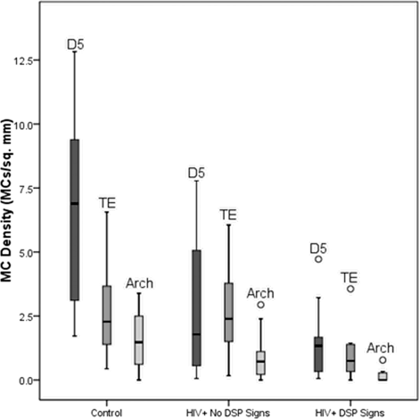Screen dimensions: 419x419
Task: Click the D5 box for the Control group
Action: click(75, 219)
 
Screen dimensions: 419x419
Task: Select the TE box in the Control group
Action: click(107, 315)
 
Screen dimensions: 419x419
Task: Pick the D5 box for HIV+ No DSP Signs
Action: click(197, 308)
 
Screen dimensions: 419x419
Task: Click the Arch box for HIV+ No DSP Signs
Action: click(261, 363)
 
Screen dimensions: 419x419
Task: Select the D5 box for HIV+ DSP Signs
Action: click(318, 354)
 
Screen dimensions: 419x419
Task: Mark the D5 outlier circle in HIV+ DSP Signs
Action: click(318, 259)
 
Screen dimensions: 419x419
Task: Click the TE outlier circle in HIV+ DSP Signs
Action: click(350, 289)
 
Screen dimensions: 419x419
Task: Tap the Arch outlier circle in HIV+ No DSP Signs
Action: click(261, 305)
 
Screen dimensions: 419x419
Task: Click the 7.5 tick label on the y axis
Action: click(29, 188)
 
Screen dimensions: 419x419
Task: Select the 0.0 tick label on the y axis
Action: click(29, 380)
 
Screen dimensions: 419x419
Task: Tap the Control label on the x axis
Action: click(106, 412)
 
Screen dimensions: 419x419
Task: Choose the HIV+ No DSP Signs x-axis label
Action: click(229, 412)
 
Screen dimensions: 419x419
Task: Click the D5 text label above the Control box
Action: click(75, 44)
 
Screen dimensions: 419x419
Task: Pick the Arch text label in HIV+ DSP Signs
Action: click(380, 347)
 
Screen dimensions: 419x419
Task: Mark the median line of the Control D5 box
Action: click(75, 204)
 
